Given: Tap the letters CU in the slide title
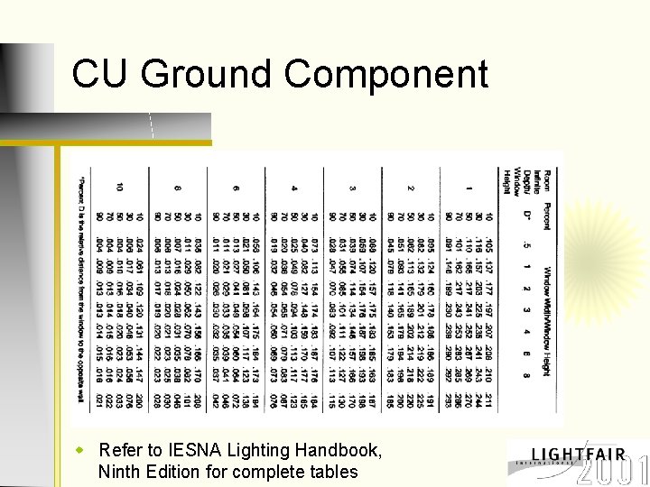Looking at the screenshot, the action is [x=100, y=73].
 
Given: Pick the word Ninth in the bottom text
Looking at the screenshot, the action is [x=119, y=471].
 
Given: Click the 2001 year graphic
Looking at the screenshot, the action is [x=613, y=471].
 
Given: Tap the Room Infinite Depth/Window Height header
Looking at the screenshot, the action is [x=526, y=184].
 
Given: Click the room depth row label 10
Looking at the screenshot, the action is [x=120, y=188].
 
